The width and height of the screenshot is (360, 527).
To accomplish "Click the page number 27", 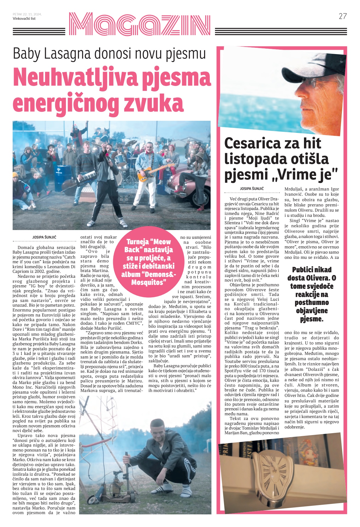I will pos(343,16).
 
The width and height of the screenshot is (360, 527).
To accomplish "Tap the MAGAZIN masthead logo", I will pos(139,25).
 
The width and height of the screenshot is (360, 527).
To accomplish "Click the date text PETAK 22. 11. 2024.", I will pos(27,14).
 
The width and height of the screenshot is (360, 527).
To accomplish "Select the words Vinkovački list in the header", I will pos(24,19).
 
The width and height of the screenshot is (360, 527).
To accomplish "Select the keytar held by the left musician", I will pos(86,178).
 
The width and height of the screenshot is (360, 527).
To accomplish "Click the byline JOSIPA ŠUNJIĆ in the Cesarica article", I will pos(252,189).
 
